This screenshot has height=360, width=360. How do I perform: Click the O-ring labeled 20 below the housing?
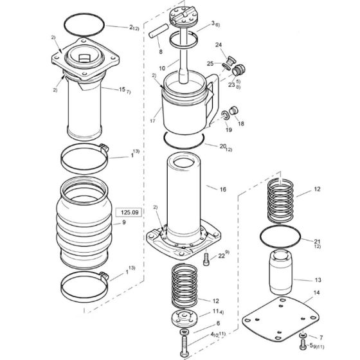click(184, 139)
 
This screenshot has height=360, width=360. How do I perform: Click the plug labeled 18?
click(233, 114)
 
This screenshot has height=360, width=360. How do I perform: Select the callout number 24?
click(219, 45)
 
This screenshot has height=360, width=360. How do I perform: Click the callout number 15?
click(122, 89)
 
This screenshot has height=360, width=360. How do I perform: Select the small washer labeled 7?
click(303, 336)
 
